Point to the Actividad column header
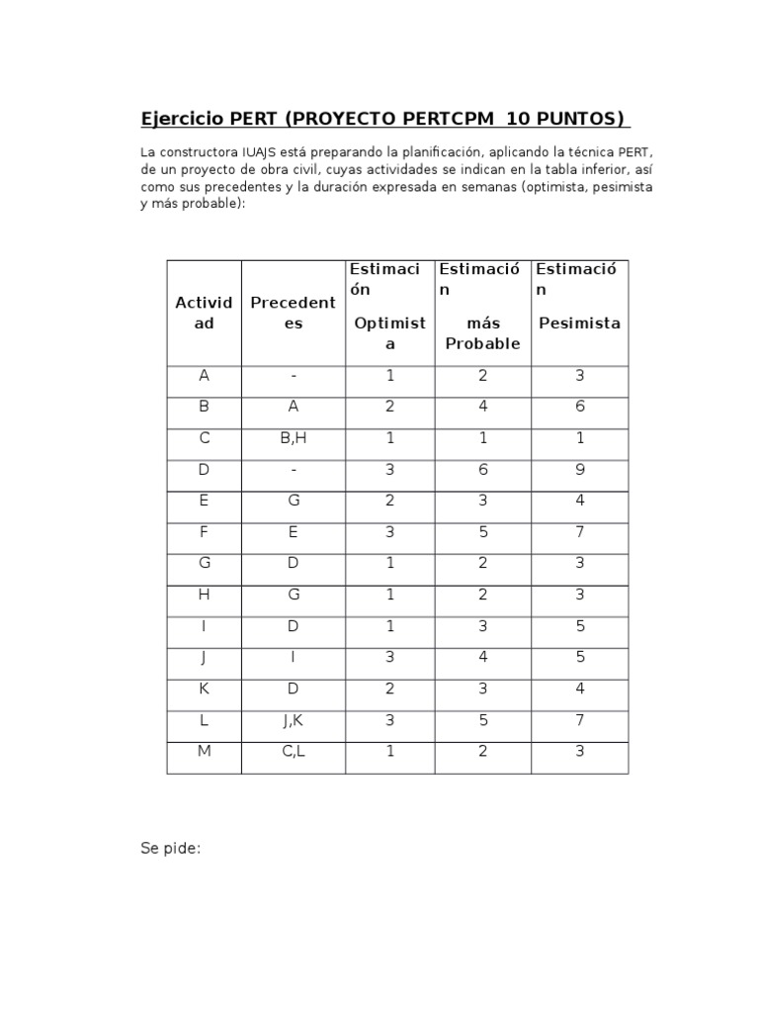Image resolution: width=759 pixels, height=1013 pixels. click(x=204, y=313)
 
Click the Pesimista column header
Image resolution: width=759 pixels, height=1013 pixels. click(x=579, y=322)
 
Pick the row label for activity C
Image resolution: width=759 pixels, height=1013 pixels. click(x=204, y=437)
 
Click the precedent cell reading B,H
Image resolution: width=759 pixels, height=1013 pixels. click(x=294, y=437)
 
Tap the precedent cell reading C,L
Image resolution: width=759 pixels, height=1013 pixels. click(x=294, y=751)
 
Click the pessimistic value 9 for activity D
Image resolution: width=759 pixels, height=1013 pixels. click(x=580, y=469)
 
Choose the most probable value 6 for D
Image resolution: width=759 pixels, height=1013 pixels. click(x=482, y=469)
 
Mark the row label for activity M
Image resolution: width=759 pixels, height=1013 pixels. click(x=204, y=751)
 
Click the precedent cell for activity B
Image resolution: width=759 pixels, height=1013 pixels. click(x=294, y=406)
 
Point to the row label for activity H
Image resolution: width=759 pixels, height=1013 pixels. click(x=204, y=594)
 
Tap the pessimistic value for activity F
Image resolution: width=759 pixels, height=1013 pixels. click(x=580, y=531)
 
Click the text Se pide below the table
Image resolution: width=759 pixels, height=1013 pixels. click(x=171, y=848)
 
